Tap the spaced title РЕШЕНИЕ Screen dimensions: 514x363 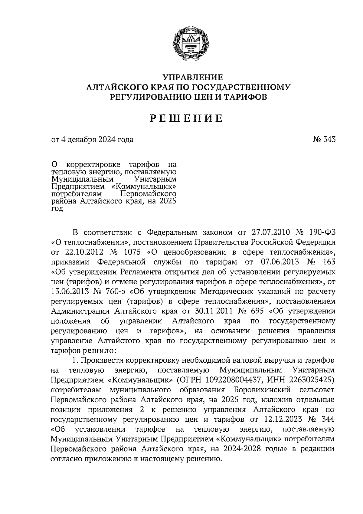(x=187, y=118)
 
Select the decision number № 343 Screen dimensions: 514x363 (x=324, y=140)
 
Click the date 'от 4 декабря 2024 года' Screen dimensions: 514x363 (x=92, y=140)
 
